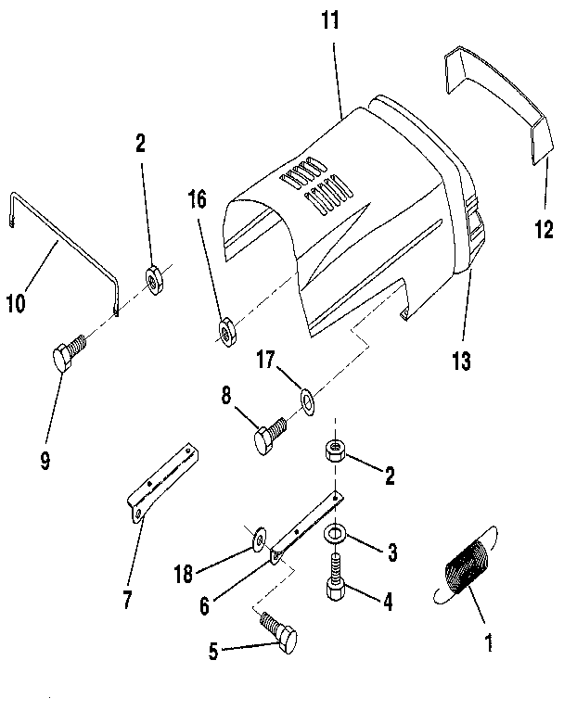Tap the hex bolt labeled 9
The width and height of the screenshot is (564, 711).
coord(67,356)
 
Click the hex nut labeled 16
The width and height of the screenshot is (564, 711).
coord(225,330)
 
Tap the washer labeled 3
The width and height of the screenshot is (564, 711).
coord(335,536)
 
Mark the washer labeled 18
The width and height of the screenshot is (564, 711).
coord(257,538)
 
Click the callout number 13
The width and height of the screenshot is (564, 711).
coord(460,361)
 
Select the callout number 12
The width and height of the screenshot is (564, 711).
coord(544,227)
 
